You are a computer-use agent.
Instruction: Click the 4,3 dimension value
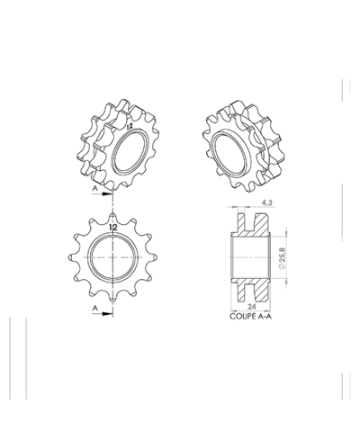coord(259,204)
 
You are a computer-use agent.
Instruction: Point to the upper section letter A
coord(94,191)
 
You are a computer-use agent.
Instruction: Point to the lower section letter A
coord(94,307)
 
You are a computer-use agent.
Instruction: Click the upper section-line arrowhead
coord(108,193)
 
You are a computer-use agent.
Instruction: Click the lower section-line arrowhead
coord(108,312)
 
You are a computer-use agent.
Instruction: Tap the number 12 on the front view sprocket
coord(113,229)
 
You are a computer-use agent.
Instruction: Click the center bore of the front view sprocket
coord(113,256)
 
